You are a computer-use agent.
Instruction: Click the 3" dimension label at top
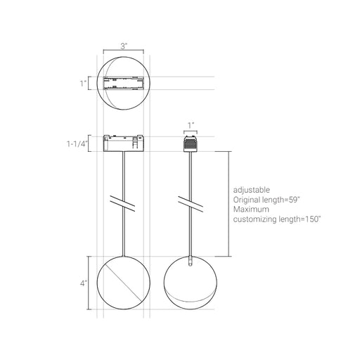[124, 46]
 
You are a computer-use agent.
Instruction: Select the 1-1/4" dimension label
[77, 143]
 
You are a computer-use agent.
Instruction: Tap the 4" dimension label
[84, 283]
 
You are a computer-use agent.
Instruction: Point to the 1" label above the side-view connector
[191, 125]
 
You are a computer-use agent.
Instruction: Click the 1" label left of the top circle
[83, 83]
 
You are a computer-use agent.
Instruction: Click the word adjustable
[252, 190]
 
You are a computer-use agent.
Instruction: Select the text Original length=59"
[266, 200]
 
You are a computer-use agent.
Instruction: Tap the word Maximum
[251, 209]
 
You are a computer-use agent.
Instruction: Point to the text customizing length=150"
[276, 219]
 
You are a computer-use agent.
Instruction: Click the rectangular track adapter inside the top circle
[124, 83]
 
